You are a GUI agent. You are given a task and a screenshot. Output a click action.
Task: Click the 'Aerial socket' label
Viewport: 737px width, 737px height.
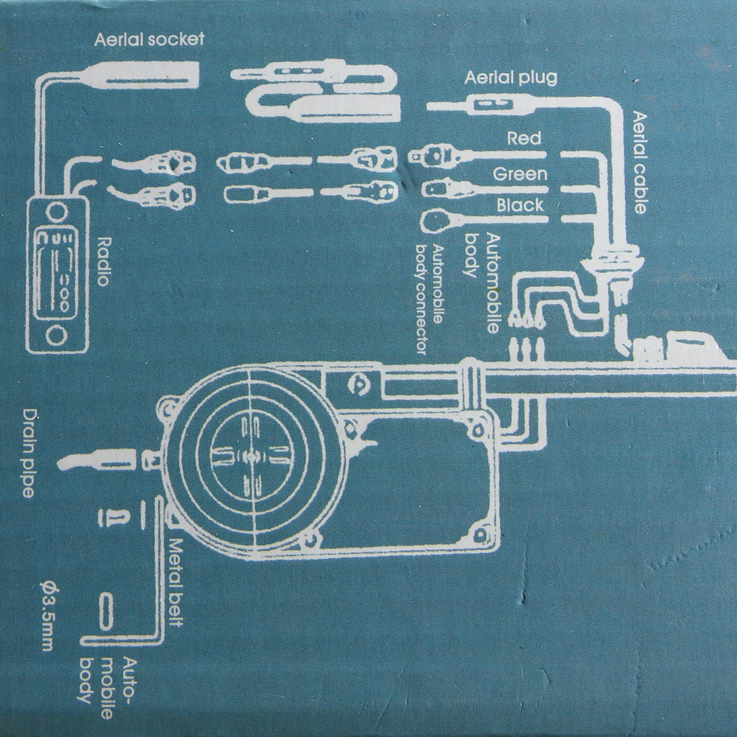point(149,40)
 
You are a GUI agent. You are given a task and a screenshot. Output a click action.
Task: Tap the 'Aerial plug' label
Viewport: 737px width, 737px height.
point(510,79)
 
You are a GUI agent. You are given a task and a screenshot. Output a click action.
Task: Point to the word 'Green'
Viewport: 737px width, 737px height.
point(520,174)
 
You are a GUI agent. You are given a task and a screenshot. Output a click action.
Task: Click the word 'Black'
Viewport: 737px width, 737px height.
point(520,205)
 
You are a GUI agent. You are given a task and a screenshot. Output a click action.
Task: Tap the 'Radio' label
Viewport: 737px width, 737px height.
point(104,261)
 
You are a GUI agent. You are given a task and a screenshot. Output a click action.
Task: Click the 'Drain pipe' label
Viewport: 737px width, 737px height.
point(28,454)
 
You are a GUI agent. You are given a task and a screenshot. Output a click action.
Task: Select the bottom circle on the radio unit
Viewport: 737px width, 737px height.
point(57,336)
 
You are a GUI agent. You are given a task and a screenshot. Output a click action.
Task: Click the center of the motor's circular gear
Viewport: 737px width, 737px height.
point(250,456)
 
